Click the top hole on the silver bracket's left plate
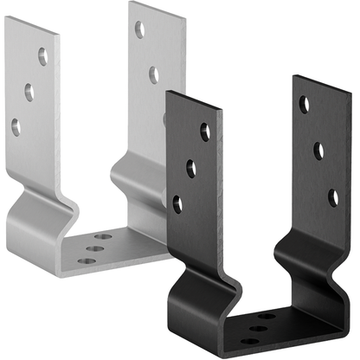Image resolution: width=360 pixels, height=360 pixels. coord(42,59)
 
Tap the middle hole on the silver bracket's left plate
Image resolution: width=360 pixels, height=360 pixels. coord(29,93)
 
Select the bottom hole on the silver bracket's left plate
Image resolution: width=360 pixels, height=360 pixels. coord(16,126)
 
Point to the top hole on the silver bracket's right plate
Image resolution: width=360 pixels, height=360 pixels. coord(139,30)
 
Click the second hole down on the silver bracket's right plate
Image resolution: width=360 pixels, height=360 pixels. coord(153,75)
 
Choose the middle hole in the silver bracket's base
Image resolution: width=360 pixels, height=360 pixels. coord(96,247)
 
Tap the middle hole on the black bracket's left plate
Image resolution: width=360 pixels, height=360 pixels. coord(191,169)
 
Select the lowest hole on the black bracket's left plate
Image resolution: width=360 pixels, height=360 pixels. coord(177,204)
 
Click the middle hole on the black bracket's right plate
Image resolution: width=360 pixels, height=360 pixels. coord(318,151)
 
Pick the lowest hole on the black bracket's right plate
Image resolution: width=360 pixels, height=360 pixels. coord(333,197)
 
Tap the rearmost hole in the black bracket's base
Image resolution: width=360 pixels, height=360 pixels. coord(267,316)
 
